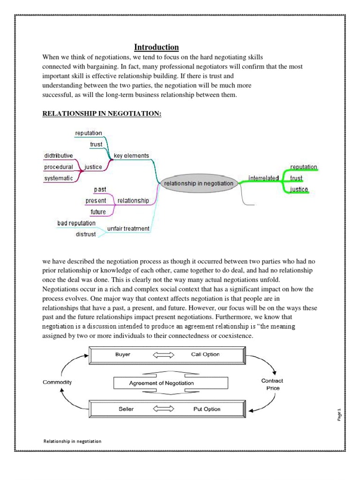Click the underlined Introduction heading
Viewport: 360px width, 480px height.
(x=156, y=47)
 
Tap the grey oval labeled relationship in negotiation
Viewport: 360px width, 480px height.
(x=198, y=184)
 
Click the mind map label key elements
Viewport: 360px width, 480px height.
(x=131, y=156)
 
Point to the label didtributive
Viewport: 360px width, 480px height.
(x=59, y=156)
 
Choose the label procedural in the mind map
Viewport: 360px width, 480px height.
(x=59, y=167)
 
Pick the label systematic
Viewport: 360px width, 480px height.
(x=59, y=178)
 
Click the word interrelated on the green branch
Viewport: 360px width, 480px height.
(x=263, y=178)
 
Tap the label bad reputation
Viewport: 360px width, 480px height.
(x=76, y=223)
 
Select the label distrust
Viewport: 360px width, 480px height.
(x=86, y=234)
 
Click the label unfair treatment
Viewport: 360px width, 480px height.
(x=128, y=228)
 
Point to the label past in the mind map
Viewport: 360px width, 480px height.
(x=100, y=189)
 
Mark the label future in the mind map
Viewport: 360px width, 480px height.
(x=98, y=212)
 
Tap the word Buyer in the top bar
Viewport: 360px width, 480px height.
(x=123, y=354)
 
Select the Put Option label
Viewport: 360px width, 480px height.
(x=207, y=409)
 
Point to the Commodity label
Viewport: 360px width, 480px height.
(x=58, y=382)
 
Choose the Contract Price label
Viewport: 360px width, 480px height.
(x=272, y=384)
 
